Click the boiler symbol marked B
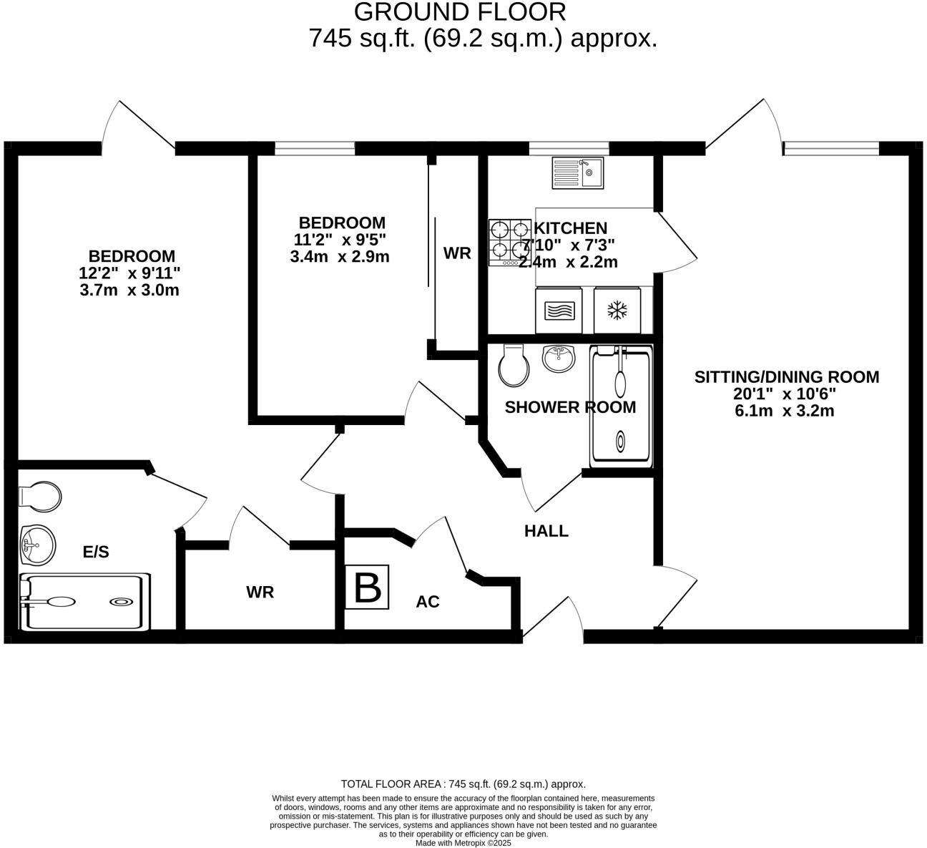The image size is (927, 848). (367, 587)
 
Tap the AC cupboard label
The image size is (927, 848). (428, 602)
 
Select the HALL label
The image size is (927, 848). (546, 531)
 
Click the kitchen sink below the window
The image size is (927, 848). (578, 172)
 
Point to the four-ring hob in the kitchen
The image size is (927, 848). (509, 242)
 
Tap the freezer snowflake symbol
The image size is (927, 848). (617, 311)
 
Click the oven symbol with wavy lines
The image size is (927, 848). (559, 311)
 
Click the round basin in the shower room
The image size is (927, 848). (559, 358)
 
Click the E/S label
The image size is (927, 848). (96, 552)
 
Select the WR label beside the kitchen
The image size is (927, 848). (457, 253)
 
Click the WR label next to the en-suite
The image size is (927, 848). (260, 593)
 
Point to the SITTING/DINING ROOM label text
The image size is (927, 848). (787, 377)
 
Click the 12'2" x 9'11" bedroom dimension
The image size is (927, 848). (129, 273)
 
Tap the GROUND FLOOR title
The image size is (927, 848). (460, 11)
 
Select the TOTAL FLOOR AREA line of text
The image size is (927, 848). (463, 784)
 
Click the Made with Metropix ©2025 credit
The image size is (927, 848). (463, 843)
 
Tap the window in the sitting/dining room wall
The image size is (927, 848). (831, 148)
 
